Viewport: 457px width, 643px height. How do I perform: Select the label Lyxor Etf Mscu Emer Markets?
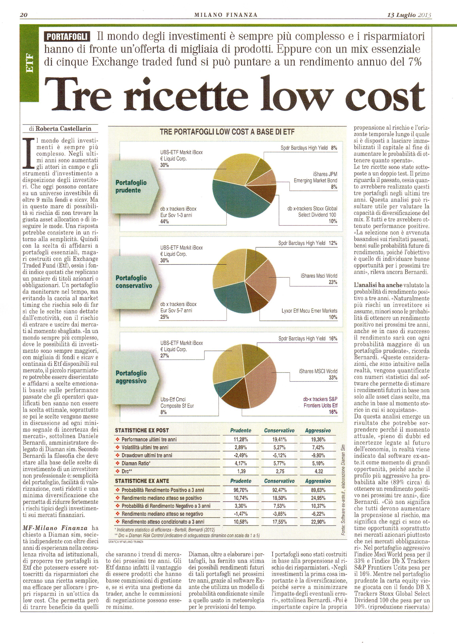click(x=309, y=311)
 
